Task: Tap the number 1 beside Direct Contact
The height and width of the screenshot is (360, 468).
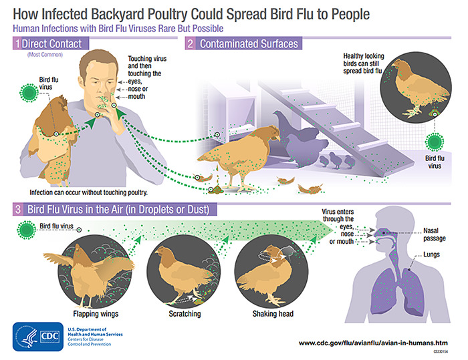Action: point(15,44)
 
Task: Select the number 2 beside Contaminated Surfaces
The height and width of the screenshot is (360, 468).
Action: point(190,44)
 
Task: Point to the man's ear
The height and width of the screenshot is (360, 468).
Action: point(83,78)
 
